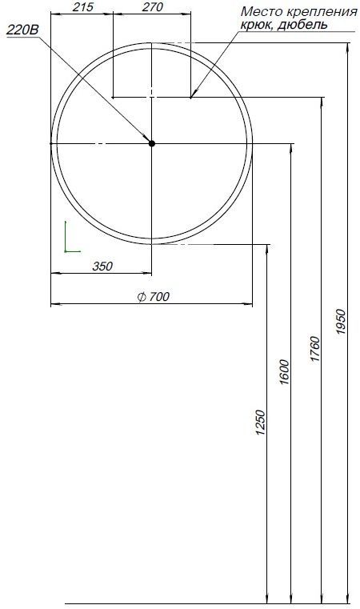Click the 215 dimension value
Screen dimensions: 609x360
click(82, 7)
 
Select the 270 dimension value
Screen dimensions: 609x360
click(152, 7)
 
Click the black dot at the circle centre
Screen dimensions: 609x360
click(152, 143)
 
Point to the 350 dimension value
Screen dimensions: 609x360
click(102, 266)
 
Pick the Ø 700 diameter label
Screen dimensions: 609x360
click(154, 297)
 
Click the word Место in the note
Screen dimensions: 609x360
click(260, 11)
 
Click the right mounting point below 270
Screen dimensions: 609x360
click(191, 98)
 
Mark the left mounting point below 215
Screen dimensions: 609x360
click(114, 98)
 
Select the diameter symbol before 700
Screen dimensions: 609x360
click(141, 297)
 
